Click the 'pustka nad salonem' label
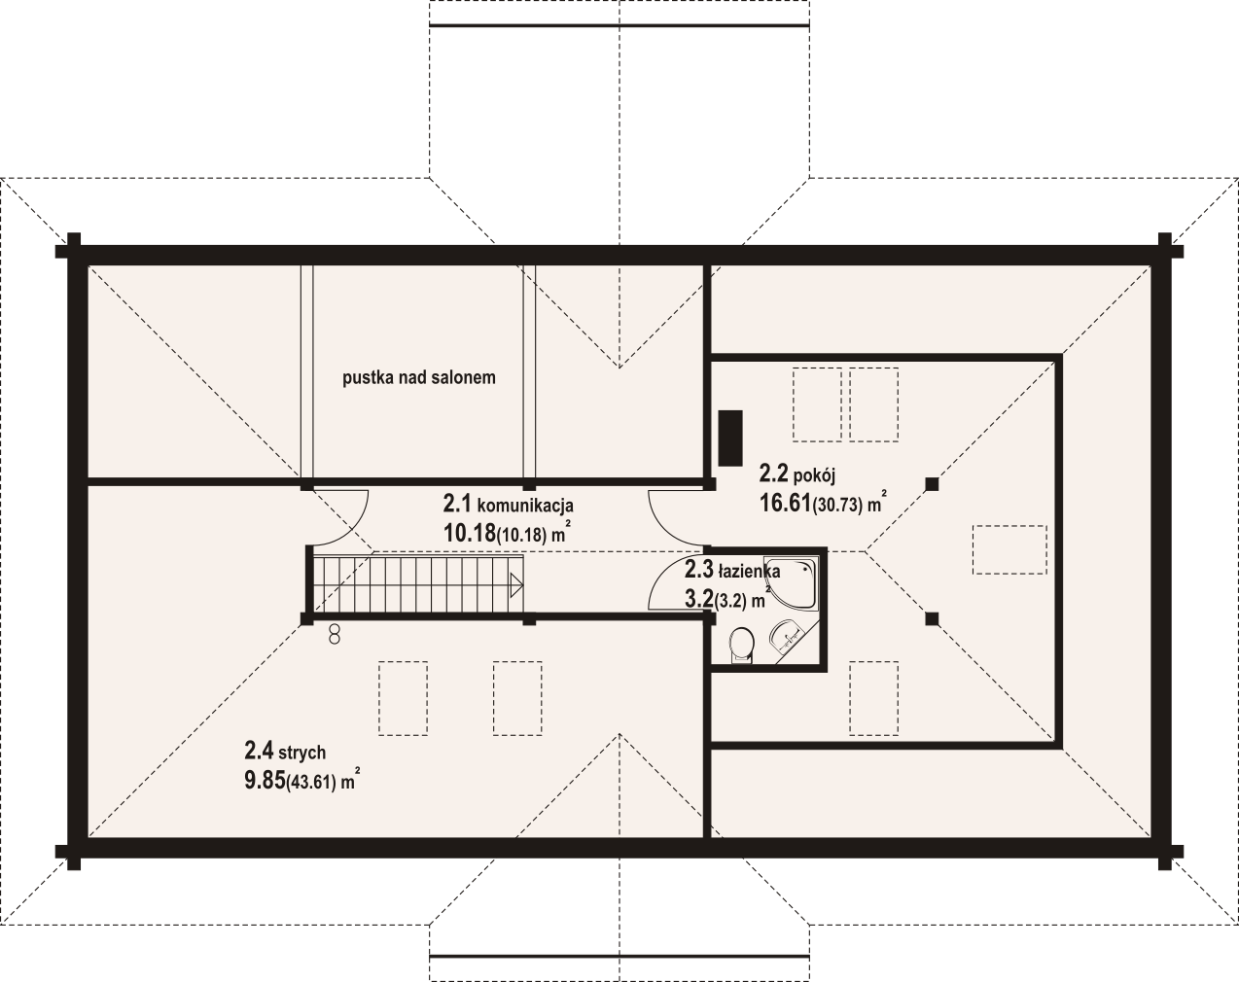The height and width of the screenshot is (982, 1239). click(x=418, y=378)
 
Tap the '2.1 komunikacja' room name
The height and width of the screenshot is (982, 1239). click(x=509, y=505)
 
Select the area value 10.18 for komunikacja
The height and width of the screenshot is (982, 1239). click(x=469, y=534)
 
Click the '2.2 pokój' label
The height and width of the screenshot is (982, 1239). click(x=796, y=474)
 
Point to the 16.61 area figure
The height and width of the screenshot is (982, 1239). click(x=785, y=503)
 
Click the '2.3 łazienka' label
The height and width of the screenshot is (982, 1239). click(x=732, y=571)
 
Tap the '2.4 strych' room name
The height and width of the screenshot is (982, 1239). click(x=285, y=752)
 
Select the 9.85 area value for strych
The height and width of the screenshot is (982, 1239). click(x=265, y=781)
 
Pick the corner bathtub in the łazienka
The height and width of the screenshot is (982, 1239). click(x=792, y=581)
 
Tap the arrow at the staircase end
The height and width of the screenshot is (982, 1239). click(x=516, y=586)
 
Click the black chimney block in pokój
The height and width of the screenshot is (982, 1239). click(x=730, y=438)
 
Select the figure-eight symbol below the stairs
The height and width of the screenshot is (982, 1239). click(x=334, y=636)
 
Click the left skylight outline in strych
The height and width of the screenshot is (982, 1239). click(x=403, y=698)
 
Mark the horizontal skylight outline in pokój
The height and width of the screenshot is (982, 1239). click(x=1009, y=549)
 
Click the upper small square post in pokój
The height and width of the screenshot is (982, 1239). click(x=932, y=484)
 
